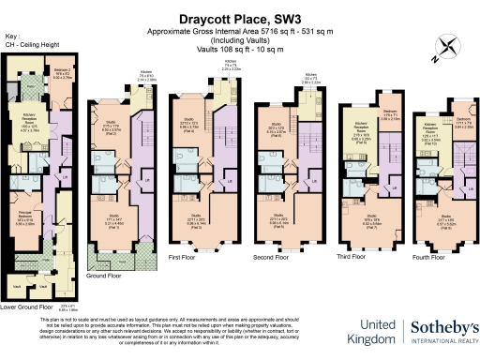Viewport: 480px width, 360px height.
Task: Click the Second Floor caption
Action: [x=273, y=254]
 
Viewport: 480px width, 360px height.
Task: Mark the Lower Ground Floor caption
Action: [x=24, y=305]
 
